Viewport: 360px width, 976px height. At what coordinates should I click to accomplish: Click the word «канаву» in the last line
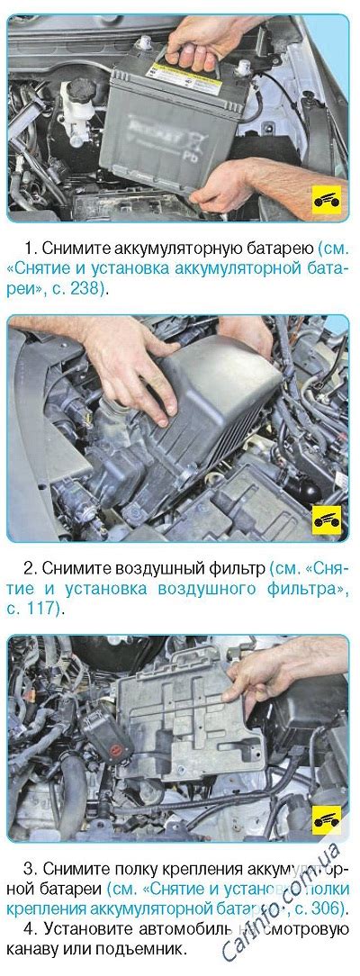[35, 949]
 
